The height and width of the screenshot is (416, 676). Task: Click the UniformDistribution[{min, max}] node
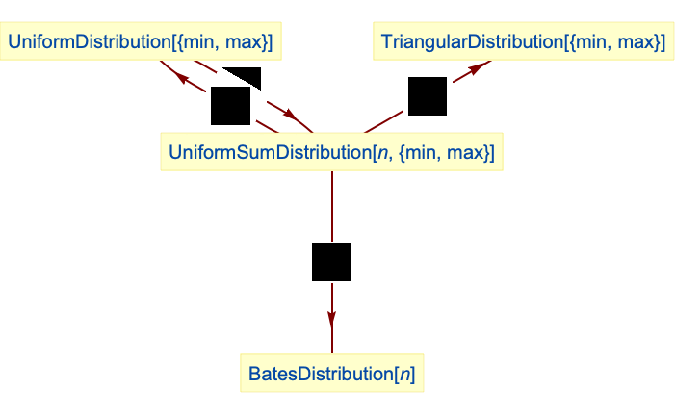142,42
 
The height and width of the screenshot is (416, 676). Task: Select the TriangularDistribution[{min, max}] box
523,42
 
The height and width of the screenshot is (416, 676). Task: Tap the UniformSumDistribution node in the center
331,153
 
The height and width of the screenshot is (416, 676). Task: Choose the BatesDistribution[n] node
331,374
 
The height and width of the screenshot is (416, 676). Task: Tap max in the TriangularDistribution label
639,42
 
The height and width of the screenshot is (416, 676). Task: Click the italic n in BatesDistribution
410,374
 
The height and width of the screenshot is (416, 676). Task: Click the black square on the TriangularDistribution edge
428,96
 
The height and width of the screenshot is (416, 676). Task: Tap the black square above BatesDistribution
331,262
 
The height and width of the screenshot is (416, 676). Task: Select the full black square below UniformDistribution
231,106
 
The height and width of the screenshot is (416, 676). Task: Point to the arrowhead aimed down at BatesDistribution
331,317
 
